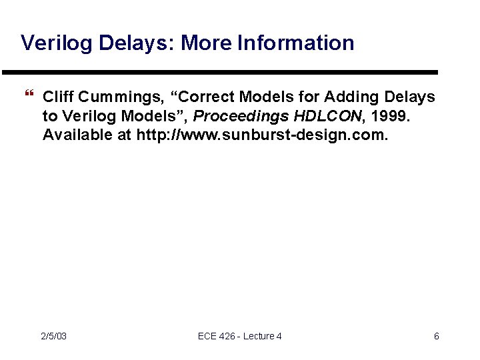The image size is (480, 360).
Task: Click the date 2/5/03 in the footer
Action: [x=53, y=336]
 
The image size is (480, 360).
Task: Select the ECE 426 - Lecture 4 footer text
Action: [x=240, y=336]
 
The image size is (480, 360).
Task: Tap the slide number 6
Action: [x=437, y=336]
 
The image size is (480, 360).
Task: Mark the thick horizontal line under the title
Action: [x=220, y=72]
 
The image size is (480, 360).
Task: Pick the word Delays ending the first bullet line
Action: [x=411, y=97]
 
